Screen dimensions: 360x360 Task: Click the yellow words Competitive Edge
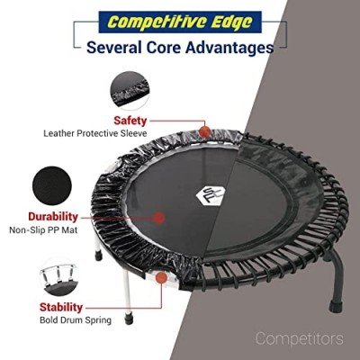tap(180, 22)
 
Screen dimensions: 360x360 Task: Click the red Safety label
tap(130, 121)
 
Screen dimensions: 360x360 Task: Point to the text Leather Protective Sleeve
tap(95, 133)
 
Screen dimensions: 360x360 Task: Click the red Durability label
tap(53, 217)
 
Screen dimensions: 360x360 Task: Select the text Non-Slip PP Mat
tap(43, 230)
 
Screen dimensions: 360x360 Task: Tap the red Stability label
tap(61, 307)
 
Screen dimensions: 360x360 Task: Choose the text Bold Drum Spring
tap(76, 320)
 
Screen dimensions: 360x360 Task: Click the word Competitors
tap(300, 338)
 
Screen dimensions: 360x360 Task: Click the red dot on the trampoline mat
tap(158, 218)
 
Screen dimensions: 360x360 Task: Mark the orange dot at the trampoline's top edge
tap(205, 131)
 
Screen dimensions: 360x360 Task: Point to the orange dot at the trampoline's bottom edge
tap(162, 277)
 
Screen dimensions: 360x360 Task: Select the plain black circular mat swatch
tap(52, 185)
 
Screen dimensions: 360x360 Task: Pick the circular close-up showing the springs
tap(59, 276)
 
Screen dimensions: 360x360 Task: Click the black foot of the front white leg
tap(129, 319)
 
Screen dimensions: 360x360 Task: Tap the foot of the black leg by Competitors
tap(336, 306)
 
